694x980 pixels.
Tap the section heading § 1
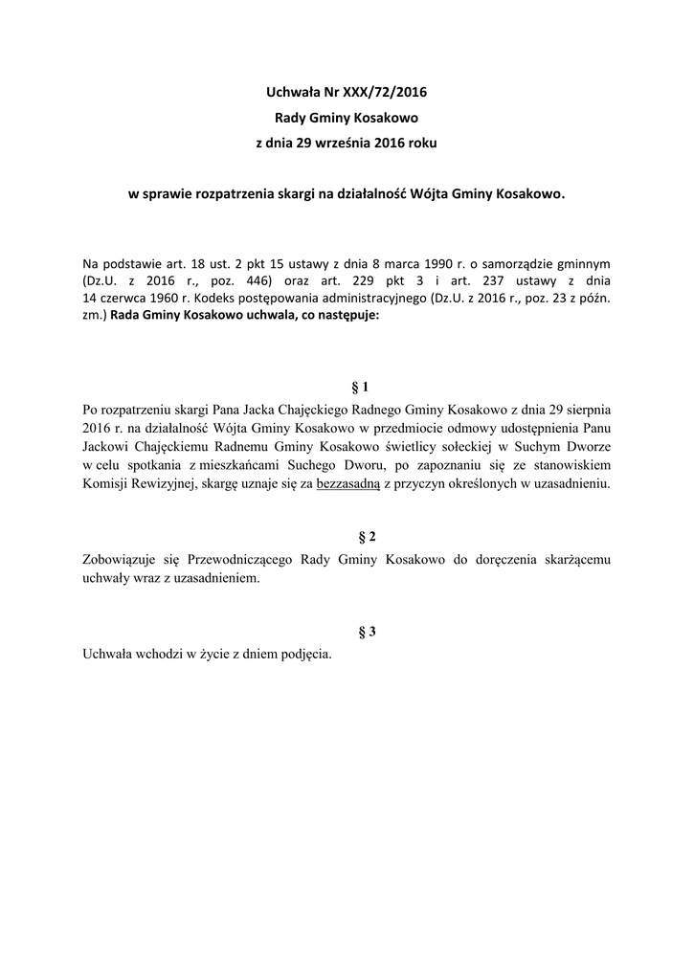[361, 388]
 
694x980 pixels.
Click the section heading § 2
[361, 537]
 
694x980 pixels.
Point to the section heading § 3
[361, 632]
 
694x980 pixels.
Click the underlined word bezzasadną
[348, 484]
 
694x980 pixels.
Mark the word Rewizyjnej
[174, 484]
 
